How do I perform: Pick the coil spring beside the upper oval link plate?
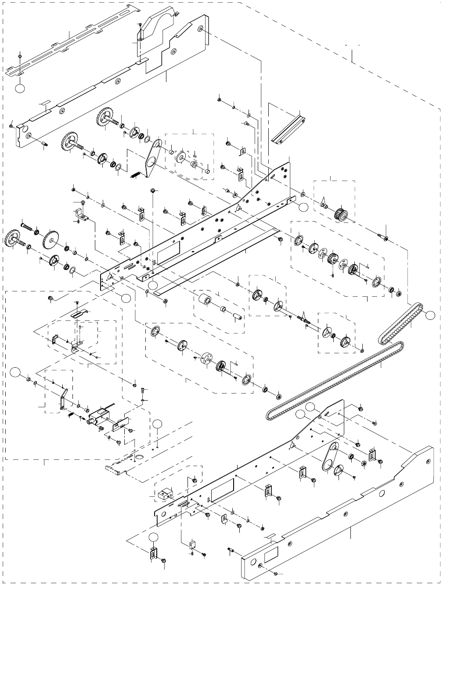coord(137,173)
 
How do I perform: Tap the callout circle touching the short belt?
coord(430,315)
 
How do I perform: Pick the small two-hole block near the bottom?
coord(163,494)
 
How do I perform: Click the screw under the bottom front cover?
coord(274,573)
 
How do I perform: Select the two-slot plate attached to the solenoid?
coord(120,424)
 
